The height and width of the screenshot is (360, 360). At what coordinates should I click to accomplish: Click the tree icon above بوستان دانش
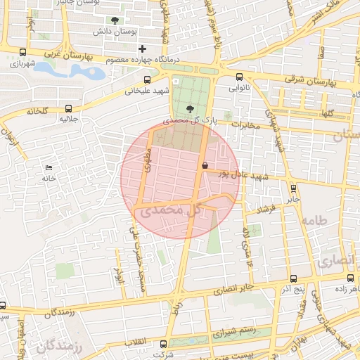(x=115, y=20)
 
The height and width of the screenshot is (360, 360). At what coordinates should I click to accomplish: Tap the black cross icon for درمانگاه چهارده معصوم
(x=143, y=49)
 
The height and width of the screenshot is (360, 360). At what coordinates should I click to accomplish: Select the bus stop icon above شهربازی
(x=22, y=52)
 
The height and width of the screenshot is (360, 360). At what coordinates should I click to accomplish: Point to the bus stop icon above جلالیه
(x=68, y=108)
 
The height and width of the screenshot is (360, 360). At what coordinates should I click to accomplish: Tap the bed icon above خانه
(x=49, y=167)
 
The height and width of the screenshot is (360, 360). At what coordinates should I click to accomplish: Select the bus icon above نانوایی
(x=239, y=77)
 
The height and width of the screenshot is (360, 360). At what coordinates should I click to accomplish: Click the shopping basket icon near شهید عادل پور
(x=204, y=166)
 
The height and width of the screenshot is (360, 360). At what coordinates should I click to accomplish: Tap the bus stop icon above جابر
(x=293, y=188)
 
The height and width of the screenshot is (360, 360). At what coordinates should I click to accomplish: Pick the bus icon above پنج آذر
(x=292, y=278)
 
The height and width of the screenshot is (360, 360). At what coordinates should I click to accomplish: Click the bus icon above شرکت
(x=164, y=344)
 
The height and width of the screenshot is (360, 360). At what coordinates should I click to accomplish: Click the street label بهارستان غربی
(x=78, y=53)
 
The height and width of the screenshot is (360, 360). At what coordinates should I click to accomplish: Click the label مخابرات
(x=246, y=125)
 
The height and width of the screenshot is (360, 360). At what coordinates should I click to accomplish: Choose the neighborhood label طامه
(x=314, y=221)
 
